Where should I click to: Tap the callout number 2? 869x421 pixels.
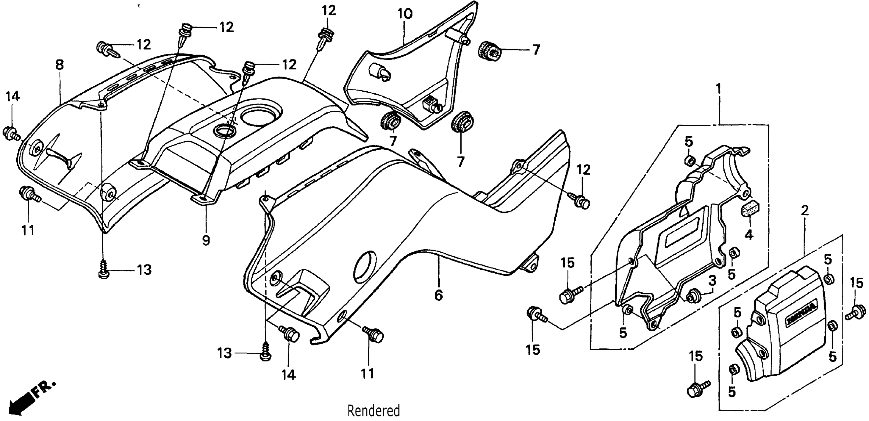tap(805, 211)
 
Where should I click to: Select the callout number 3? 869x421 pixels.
tap(712, 280)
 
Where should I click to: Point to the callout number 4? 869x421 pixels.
tap(749, 234)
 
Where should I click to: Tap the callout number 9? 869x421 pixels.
tap(206, 240)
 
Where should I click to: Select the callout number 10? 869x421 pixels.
tap(405, 14)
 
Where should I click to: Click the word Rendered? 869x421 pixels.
tap(373, 411)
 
